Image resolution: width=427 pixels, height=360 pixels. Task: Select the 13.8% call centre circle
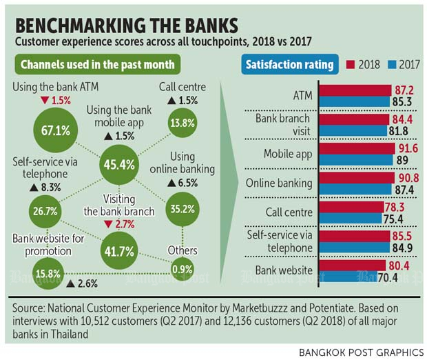pos(180,123)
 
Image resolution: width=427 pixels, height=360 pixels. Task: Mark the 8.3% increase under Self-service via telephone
pos(45,187)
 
